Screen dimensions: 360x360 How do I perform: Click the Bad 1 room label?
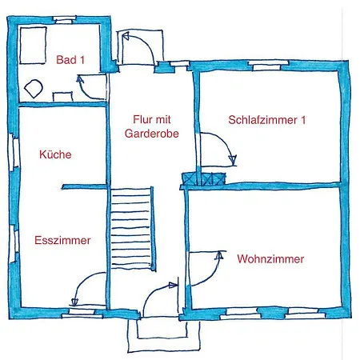coord(70,60)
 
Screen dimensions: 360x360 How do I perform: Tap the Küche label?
coord(55,154)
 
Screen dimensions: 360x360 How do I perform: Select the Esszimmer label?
coord(62,240)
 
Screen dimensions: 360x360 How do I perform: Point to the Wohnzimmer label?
coord(270,259)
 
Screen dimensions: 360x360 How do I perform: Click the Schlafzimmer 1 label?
coord(267,120)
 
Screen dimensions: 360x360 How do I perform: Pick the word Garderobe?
coord(152,134)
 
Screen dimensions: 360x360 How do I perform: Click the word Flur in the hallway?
coord(141,119)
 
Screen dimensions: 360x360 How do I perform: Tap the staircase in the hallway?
coord(132,228)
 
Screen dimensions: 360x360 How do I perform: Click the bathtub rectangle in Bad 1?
coord(33,45)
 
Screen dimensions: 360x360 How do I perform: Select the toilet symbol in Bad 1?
coord(34,89)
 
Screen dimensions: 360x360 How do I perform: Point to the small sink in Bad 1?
coord(62,96)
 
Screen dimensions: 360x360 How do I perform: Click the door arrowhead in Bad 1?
coord(79,79)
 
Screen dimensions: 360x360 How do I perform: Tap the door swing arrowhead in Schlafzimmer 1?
coord(233,160)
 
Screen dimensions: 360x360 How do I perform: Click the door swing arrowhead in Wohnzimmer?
coord(219,255)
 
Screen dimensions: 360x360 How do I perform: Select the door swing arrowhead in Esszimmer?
coord(74,302)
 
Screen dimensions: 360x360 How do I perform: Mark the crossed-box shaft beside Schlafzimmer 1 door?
coord(204,178)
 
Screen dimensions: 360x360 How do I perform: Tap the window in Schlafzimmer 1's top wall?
coord(268,66)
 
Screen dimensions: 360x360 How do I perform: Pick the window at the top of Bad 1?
coord(64,19)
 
